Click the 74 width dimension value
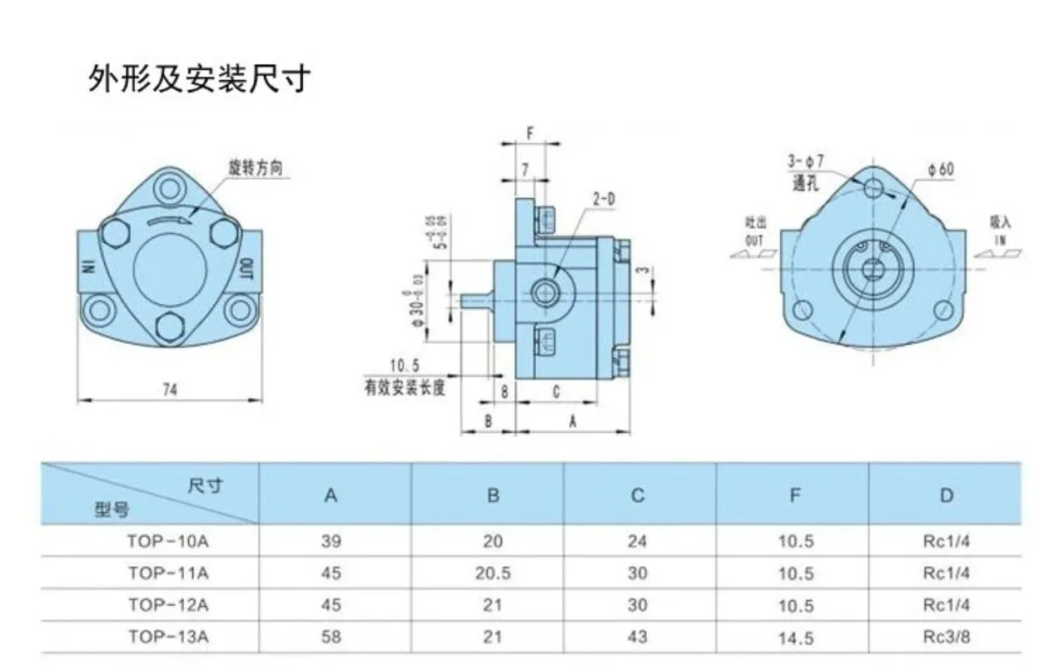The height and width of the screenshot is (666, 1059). (170, 388)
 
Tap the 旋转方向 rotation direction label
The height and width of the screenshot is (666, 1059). (256, 167)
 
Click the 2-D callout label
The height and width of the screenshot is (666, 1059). (604, 199)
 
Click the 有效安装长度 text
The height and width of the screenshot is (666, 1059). (404, 386)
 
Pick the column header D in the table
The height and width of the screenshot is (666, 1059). (946, 495)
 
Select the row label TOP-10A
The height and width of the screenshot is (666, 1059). (168, 541)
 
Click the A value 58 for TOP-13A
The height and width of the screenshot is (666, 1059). (331, 638)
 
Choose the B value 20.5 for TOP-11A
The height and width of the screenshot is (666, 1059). (493, 574)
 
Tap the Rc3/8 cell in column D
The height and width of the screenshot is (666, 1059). (947, 638)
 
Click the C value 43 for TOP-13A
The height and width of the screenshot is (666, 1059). (638, 638)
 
